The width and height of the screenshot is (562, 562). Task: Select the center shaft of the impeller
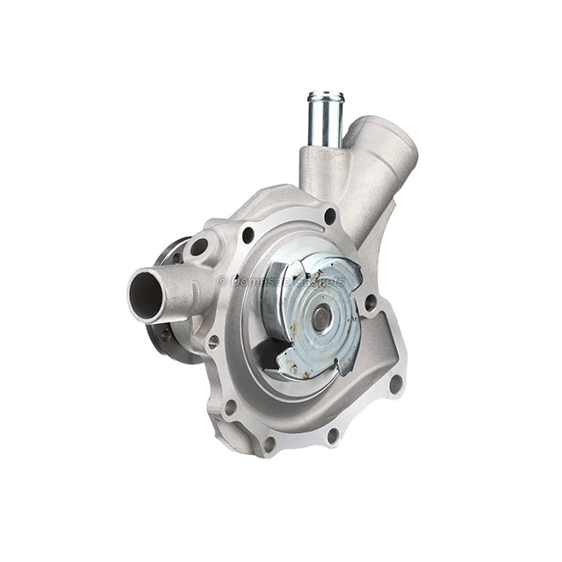pos(321,319)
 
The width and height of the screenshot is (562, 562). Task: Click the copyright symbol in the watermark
pos(222,281)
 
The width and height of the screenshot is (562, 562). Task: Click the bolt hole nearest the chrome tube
pos(329,215)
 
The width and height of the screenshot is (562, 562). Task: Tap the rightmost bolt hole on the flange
pos(396,384)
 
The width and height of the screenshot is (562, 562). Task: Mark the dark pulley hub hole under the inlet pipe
pos(167,333)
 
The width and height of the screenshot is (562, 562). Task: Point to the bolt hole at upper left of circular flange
pos(249,234)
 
